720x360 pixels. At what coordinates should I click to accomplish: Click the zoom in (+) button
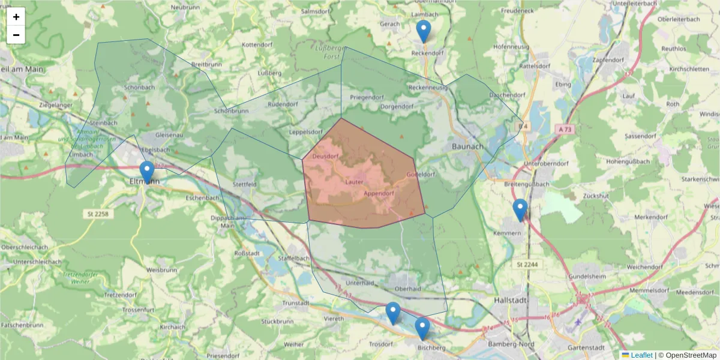(16, 17)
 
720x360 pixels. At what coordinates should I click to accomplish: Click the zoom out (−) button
(16, 35)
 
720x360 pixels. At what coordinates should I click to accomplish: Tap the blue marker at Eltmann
(146, 172)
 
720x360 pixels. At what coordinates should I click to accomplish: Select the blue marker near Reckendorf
(424, 31)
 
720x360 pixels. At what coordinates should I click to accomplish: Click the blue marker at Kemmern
(520, 210)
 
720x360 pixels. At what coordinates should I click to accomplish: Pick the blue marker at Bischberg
(422, 328)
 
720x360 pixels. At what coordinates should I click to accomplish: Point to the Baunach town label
(467, 146)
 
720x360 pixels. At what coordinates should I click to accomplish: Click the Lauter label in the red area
(355, 181)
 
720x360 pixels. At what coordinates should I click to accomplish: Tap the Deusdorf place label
(326, 157)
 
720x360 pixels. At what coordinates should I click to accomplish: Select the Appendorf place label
(379, 194)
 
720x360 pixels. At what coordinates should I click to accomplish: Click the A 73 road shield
(565, 129)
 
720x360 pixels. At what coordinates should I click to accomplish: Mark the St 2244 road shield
(526, 264)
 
